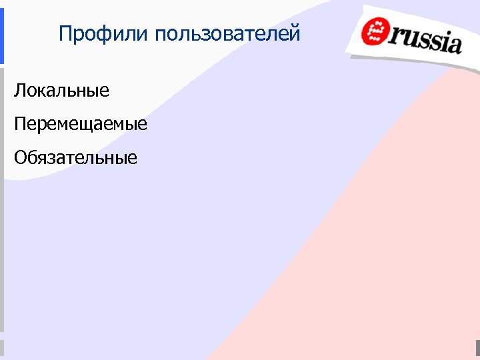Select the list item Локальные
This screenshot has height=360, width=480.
61,91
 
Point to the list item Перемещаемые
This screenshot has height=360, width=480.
81,124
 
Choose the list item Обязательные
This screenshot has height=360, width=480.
75,158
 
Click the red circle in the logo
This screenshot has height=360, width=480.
375,31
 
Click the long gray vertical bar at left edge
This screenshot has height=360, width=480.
2,200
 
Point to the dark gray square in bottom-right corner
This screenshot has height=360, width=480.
477,348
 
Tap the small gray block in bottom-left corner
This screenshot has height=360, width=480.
2,348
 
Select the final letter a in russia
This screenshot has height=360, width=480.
453,44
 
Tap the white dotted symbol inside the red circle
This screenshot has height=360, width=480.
375,31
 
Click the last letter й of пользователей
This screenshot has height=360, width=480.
295,33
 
